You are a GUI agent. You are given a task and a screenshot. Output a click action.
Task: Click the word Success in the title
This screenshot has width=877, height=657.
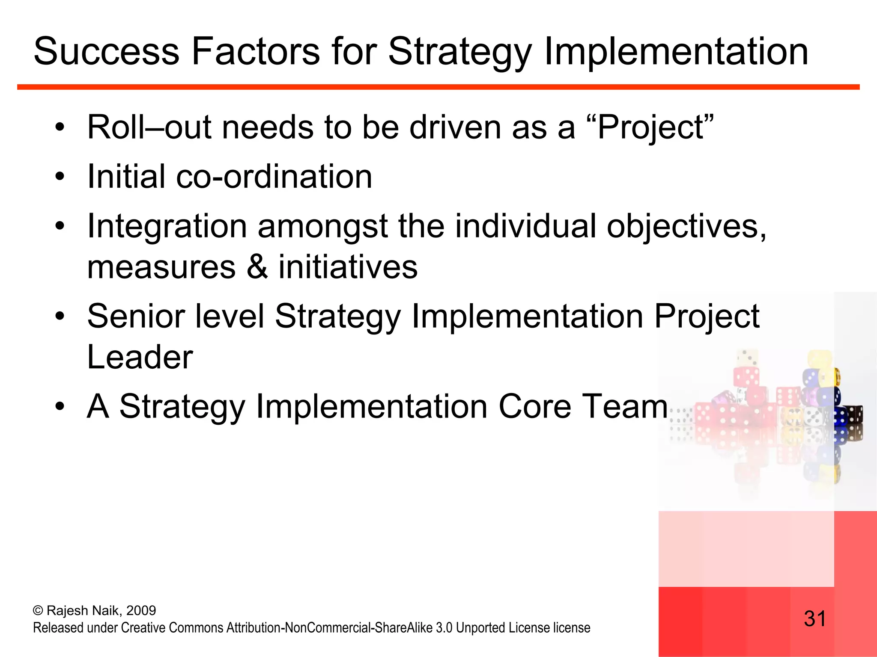click(x=106, y=51)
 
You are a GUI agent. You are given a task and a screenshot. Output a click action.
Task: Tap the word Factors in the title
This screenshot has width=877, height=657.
click(x=256, y=51)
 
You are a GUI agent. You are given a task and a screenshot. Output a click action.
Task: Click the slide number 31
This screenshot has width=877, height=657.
click(x=814, y=619)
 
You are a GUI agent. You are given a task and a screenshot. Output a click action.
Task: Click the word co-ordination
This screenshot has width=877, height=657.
click(x=274, y=177)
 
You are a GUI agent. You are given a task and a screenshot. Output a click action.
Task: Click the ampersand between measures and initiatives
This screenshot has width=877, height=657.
click(x=257, y=267)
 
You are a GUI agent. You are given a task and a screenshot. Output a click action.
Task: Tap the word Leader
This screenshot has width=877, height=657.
click(x=140, y=357)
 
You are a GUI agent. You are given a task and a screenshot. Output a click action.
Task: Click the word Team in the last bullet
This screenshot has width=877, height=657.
click(x=625, y=406)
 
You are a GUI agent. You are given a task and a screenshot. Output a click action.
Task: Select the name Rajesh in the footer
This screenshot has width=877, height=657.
click(x=64, y=610)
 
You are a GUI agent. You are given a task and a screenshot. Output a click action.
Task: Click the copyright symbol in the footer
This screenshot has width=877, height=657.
click(x=38, y=611)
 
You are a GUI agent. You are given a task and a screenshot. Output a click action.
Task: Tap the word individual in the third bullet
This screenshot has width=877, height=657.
click(x=525, y=226)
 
